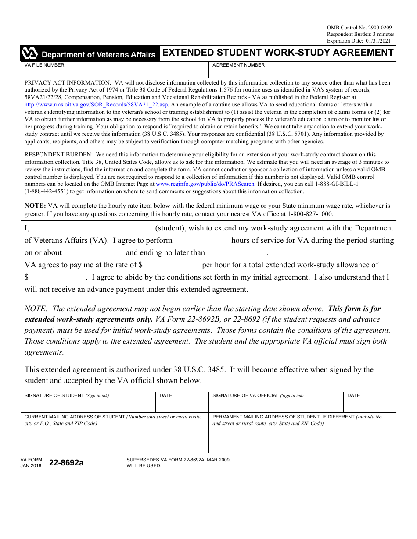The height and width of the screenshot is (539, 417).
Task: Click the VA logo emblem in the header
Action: pyautogui.click(x=30, y=54)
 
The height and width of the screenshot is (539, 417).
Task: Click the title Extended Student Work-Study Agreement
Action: pyautogui.click(x=278, y=53)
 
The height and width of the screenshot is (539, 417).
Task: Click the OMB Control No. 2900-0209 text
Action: pyautogui.click(x=359, y=28)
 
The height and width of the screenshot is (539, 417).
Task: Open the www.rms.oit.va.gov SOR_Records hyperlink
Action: pyautogui.click(x=96, y=105)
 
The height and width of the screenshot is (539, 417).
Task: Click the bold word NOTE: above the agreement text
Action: pyautogui.click(x=35, y=206)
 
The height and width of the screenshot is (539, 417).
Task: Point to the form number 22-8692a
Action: pyautogui.click(x=66, y=462)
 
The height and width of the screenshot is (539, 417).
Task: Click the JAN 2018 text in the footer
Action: pyautogui.click(x=31, y=465)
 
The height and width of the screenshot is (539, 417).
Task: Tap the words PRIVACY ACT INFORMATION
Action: pyautogui.click(x=68, y=82)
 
